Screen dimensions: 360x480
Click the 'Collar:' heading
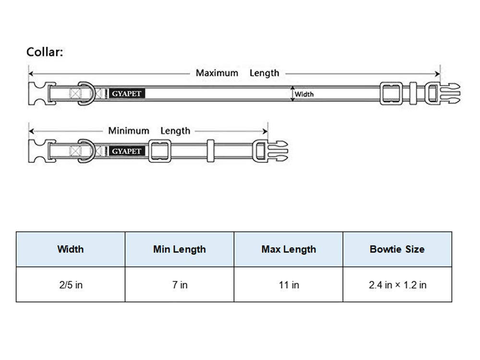45,52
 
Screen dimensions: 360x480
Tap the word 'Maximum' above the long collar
216,73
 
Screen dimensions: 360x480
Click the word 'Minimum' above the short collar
128,131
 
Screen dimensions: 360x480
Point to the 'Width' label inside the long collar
304,94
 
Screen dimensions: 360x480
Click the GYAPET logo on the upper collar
127,94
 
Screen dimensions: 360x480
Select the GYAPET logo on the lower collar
127,151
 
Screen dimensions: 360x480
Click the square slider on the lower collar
160,151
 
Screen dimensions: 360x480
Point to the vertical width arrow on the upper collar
291,94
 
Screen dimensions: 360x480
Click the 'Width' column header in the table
70,249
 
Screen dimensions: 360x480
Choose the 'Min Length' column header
180,249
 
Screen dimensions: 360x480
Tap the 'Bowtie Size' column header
397,249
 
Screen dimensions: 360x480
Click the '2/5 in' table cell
70,285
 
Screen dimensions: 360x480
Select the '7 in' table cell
180,285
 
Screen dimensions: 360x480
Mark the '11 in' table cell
288,285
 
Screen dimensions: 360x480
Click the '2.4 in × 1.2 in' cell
397,285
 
